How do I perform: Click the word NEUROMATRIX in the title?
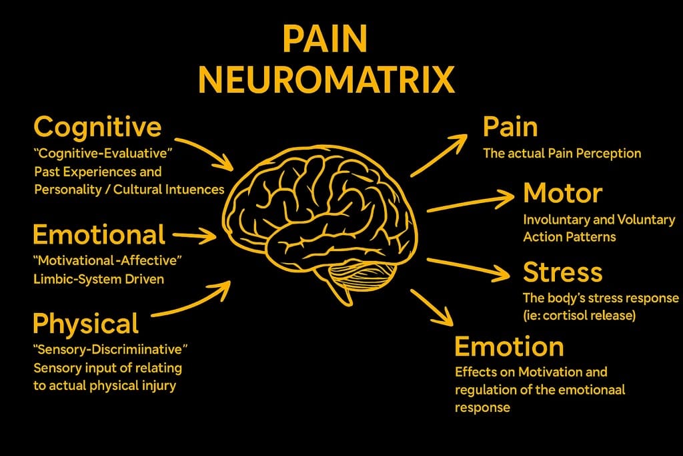point(326,79)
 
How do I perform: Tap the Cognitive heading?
point(97,126)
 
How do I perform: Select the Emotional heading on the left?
point(99,234)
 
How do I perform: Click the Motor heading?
point(562,193)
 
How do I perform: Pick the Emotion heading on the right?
point(509,347)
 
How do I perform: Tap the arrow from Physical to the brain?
point(193,298)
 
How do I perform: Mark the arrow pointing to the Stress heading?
point(471,267)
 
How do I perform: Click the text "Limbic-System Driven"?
point(98,279)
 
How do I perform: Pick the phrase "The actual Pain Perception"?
point(562,154)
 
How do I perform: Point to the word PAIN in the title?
point(325,40)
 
